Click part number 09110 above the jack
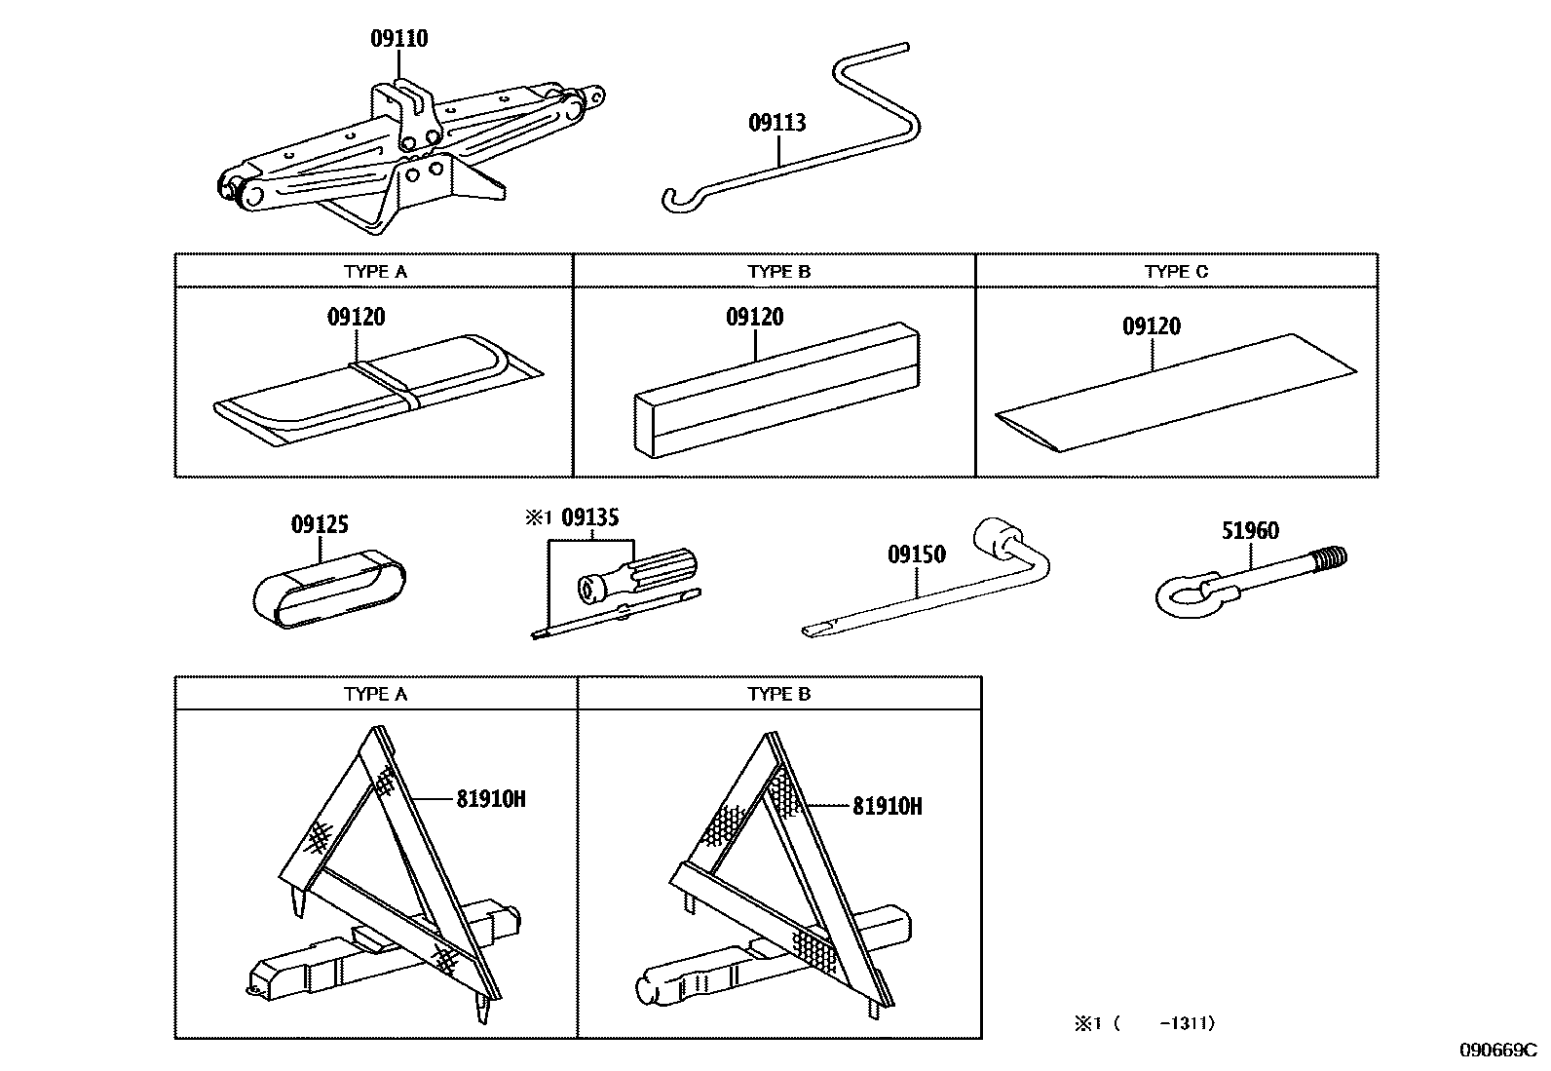398,39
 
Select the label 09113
776,123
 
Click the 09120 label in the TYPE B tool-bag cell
754,317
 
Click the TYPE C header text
1176,272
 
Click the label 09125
320,524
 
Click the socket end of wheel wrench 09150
997,537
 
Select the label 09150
916,555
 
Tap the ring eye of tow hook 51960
1181,593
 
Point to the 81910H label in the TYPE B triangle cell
887,806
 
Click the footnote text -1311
1188,1023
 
